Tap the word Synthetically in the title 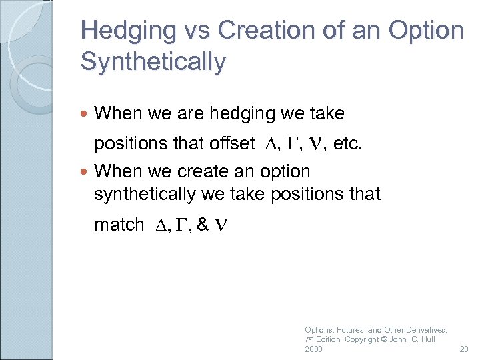153,62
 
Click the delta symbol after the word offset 269,144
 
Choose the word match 119,225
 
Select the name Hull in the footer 427,340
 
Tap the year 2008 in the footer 314,349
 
